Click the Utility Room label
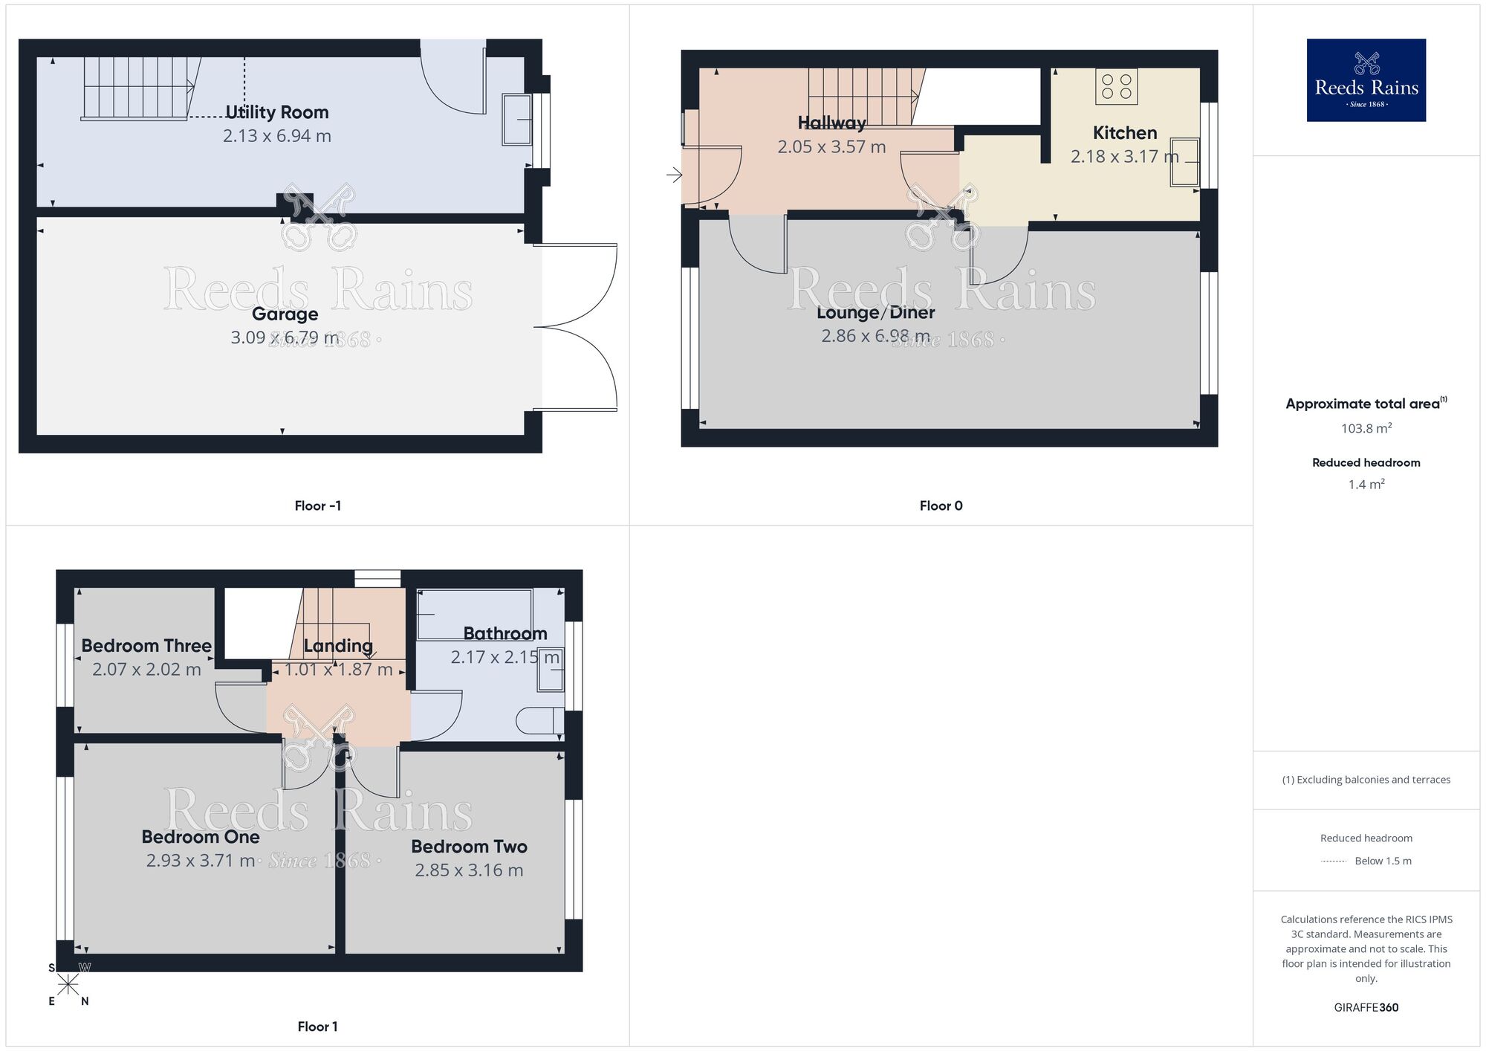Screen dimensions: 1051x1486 point(276,112)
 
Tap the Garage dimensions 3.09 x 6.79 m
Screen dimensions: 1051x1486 point(285,337)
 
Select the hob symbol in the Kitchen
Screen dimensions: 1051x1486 point(1116,86)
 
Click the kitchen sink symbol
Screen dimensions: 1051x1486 point(1184,161)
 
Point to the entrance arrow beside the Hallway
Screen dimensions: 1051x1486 point(674,175)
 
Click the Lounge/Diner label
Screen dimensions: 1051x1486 point(875,313)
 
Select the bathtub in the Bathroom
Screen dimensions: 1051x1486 point(474,614)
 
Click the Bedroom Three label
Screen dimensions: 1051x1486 point(146,646)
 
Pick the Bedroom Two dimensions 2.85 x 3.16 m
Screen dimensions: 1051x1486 point(469,870)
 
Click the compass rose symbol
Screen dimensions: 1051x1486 point(68,985)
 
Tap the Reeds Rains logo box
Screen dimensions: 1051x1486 point(1366,80)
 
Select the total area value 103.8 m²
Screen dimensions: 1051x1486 point(1366,428)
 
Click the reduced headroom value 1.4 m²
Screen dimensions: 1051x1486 point(1366,485)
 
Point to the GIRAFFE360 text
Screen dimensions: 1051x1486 point(1366,1008)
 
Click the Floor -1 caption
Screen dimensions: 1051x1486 point(317,506)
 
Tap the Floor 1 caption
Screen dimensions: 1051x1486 point(317,1026)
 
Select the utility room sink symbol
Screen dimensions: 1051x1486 point(517,119)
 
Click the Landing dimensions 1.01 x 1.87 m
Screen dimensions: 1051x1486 point(338,670)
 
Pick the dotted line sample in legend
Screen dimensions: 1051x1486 point(1334,861)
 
